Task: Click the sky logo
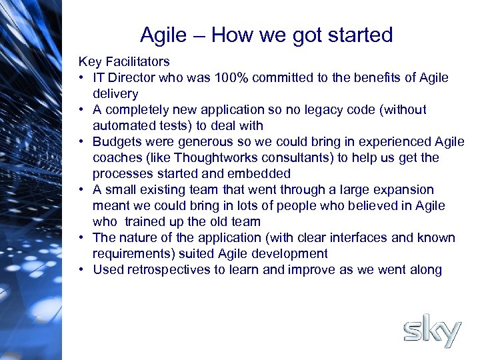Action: pos(432,333)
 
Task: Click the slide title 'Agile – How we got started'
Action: pos(266,35)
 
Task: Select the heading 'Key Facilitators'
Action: pos(124,62)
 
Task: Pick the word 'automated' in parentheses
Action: pos(122,126)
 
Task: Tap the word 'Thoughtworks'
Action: pos(203,158)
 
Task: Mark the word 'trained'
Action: pos(147,222)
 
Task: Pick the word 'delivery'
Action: pos(115,94)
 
